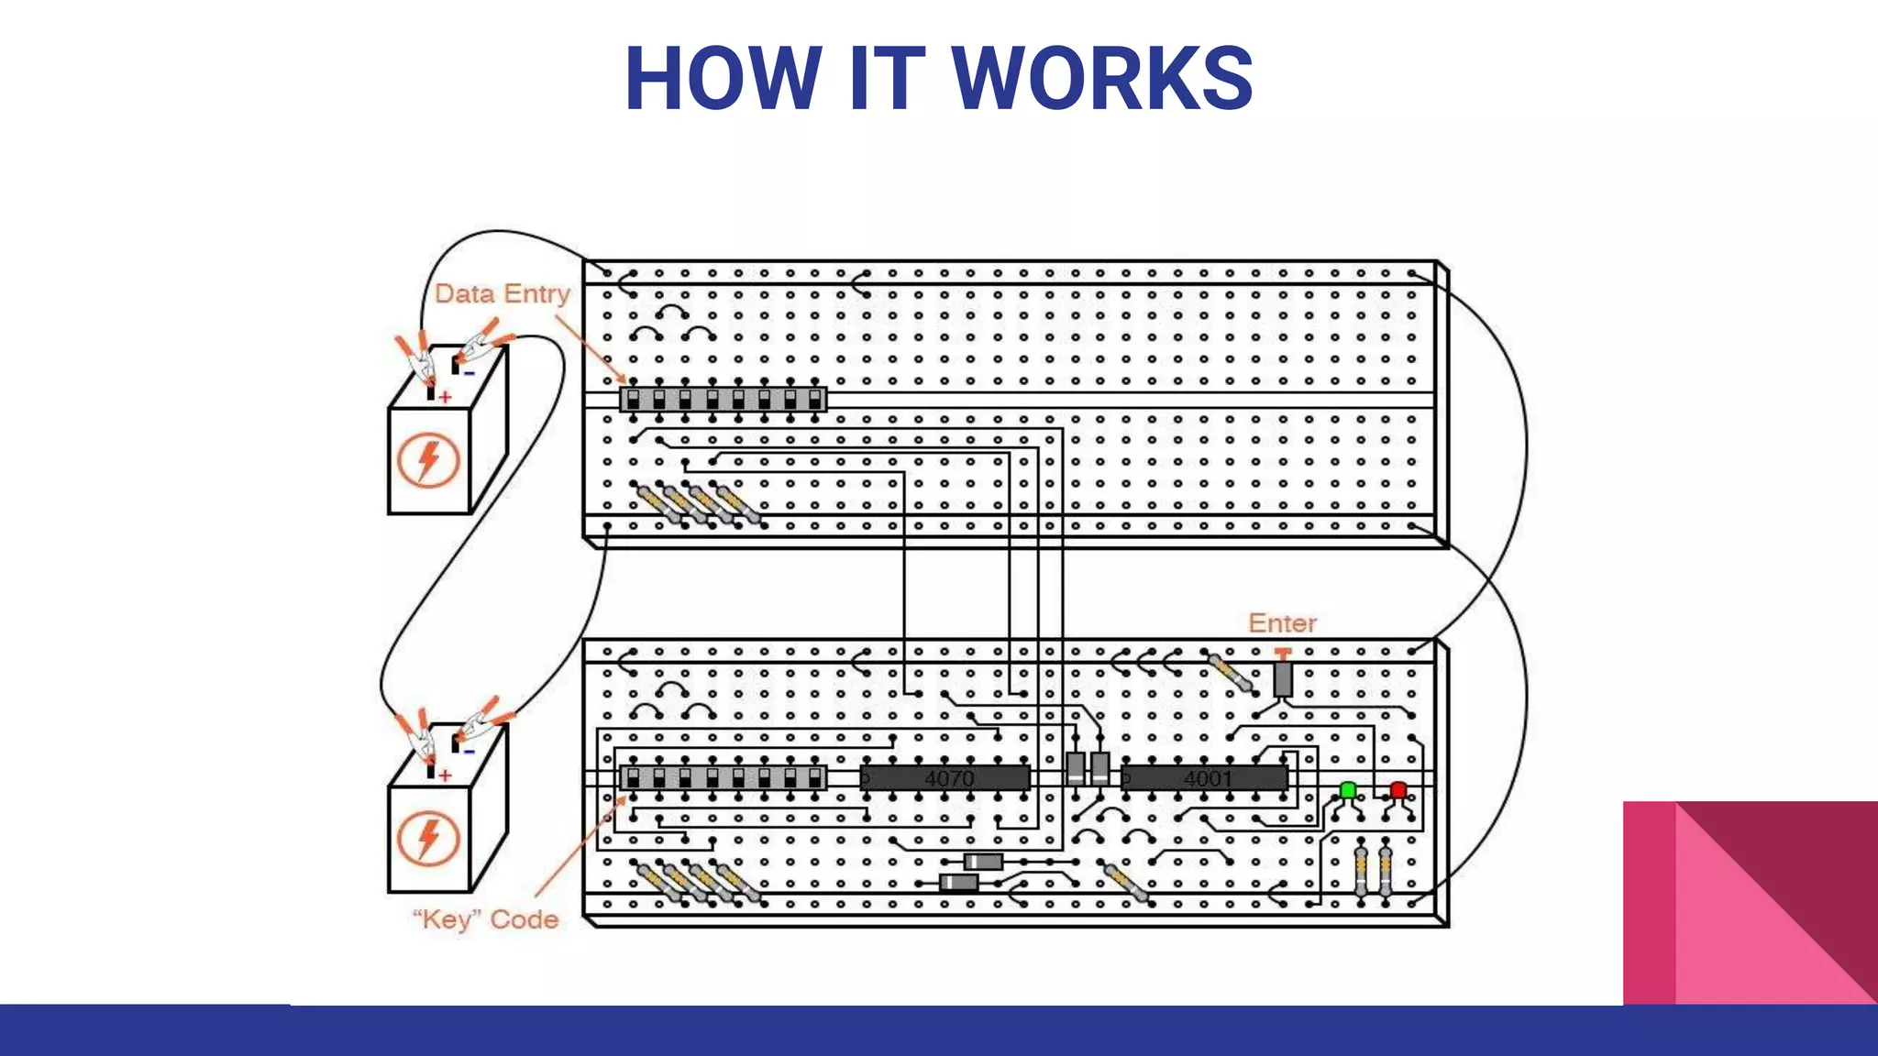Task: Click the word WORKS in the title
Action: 1102,79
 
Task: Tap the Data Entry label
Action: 502,294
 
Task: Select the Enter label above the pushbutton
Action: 1282,623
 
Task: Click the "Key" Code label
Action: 485,919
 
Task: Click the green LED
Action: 1347,790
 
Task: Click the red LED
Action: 1397,790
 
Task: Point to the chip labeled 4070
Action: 945,778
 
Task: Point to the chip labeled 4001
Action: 1205,778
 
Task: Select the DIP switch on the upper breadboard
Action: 723,400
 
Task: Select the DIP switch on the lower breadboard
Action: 723,778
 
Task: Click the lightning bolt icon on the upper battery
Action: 427,460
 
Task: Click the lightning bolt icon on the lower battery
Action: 427,839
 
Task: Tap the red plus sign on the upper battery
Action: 445,397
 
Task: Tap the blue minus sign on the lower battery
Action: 469,752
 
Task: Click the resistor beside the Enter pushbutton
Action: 1231,673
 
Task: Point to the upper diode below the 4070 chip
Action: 983,862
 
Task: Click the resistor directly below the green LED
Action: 1361,871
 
